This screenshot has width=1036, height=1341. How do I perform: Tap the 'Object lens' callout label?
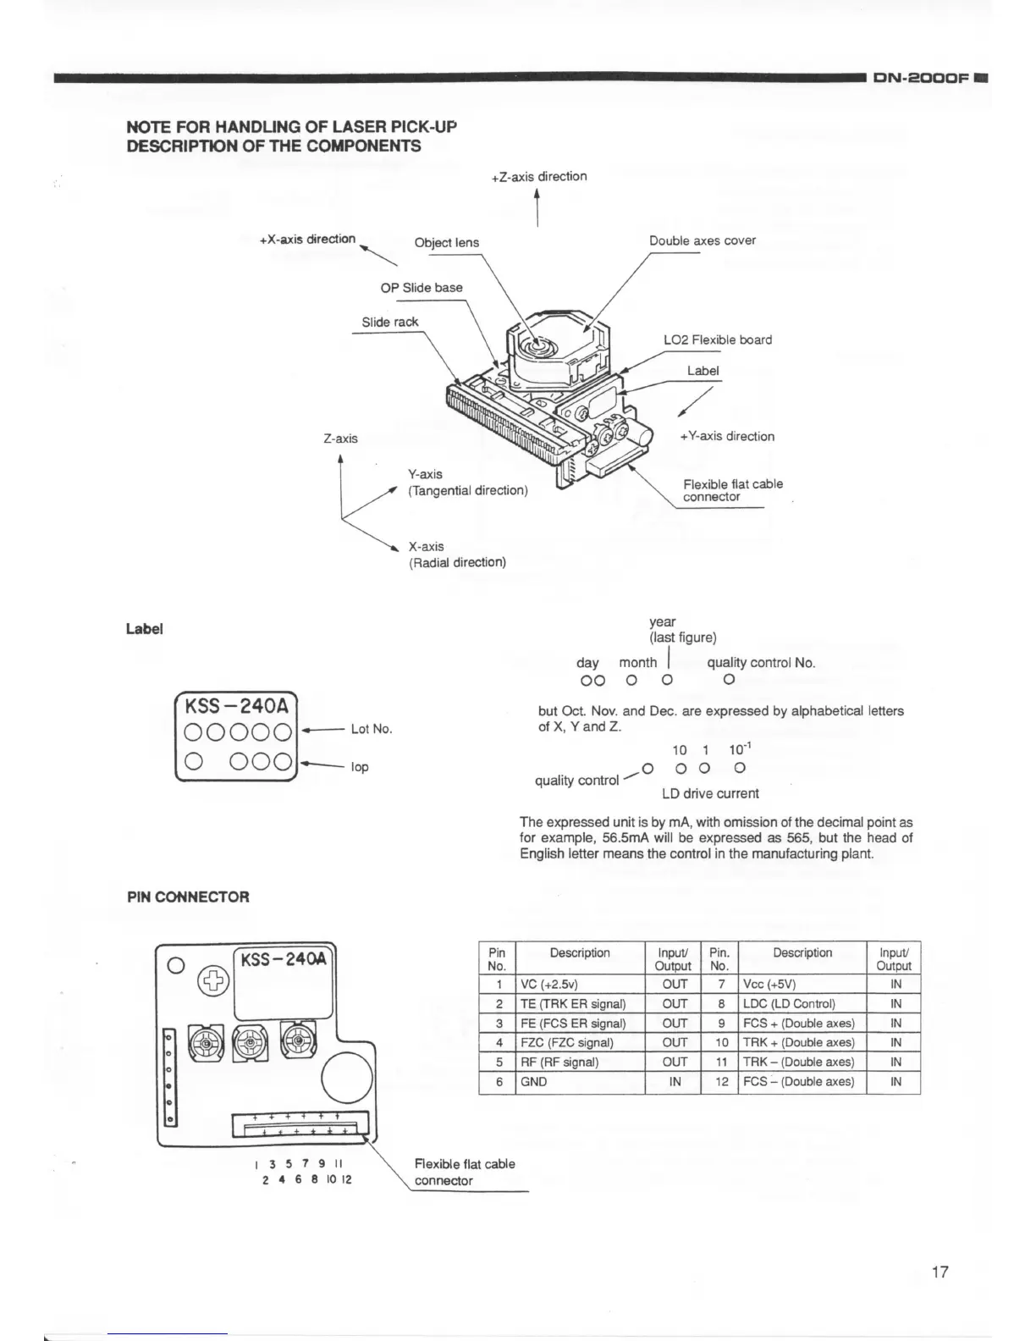(x=446, y=243)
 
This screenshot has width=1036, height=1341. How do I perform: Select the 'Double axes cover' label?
(x=702, y=240)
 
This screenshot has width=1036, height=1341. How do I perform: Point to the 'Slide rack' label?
(x=389, y=322)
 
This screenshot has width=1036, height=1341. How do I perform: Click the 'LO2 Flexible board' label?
(x=717, y=339)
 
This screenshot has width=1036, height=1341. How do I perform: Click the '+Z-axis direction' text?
(x=538, y=176)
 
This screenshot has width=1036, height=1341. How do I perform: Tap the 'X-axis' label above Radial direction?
(x=426, y=546)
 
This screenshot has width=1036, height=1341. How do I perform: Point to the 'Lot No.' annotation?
(x=372, y=729)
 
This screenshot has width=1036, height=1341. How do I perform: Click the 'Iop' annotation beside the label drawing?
(x=360, y=767)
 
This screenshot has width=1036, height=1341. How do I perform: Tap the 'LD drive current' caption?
(x=710, y=793)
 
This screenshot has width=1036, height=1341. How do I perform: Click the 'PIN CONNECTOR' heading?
(x=188, y=897)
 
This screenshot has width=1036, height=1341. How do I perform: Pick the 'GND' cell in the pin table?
(x=534, y=1081)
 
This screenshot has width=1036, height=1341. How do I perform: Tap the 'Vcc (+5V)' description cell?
(x=769, y=984)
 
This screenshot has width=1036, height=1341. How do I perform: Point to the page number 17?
(x=940, y=1272)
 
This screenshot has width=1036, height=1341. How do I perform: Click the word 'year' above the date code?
(x=662, y=621)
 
